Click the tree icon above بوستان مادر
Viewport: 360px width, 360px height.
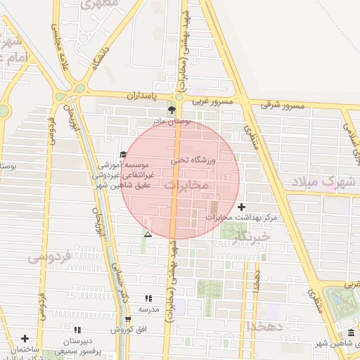(172, 110)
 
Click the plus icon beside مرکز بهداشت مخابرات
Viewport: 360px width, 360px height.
(243, 207)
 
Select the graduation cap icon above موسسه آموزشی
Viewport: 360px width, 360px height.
(123, 155)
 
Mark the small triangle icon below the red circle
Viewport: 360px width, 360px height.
(148, 234)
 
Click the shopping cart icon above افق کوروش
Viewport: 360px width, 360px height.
(127, 319)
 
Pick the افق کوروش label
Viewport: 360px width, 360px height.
(127, 330)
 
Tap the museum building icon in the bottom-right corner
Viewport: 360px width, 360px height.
(351, 333)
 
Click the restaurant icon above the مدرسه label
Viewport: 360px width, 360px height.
(148, 298)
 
